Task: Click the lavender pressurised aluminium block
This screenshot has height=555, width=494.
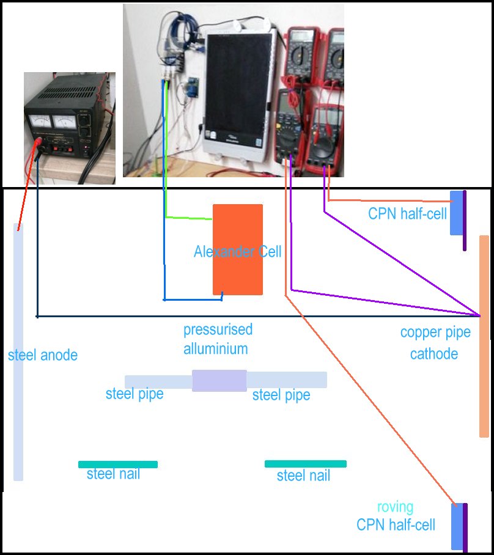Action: click(x=219, y=380)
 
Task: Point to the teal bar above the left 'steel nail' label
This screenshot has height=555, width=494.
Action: click(x=118, y=465)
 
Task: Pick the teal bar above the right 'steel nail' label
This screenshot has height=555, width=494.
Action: click(x=305, y=464)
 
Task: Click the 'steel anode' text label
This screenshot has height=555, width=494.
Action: click(x=43, y=355)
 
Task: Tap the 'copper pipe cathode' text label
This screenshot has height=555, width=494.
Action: click(x=435, y=343)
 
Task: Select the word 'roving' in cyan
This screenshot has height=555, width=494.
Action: click(x=395, y=507)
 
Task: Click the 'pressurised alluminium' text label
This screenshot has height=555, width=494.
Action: click(x=218, y=339)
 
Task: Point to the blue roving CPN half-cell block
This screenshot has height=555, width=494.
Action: click(x=456, y=526)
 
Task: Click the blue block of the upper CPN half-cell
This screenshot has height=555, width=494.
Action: click(x=455, y=213)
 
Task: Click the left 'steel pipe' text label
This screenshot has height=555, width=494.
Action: click(x=135, y=394)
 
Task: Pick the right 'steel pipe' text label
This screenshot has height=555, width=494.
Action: click(x=281, y=395)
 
